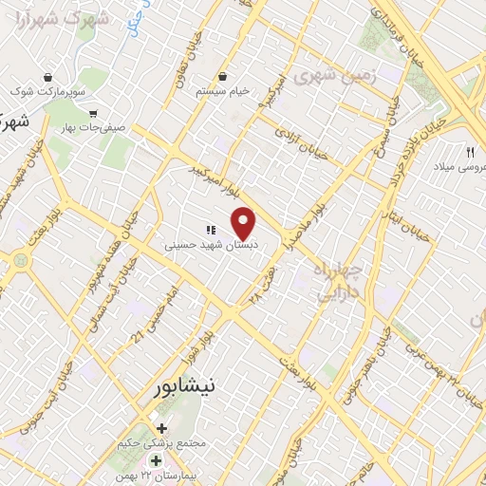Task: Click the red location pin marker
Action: pyautogui.click(x=244, y=223)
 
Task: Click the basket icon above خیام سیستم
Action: pyautogui.click(x=222, y=76)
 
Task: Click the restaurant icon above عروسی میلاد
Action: pyautogui.click(x=469, y=152)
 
